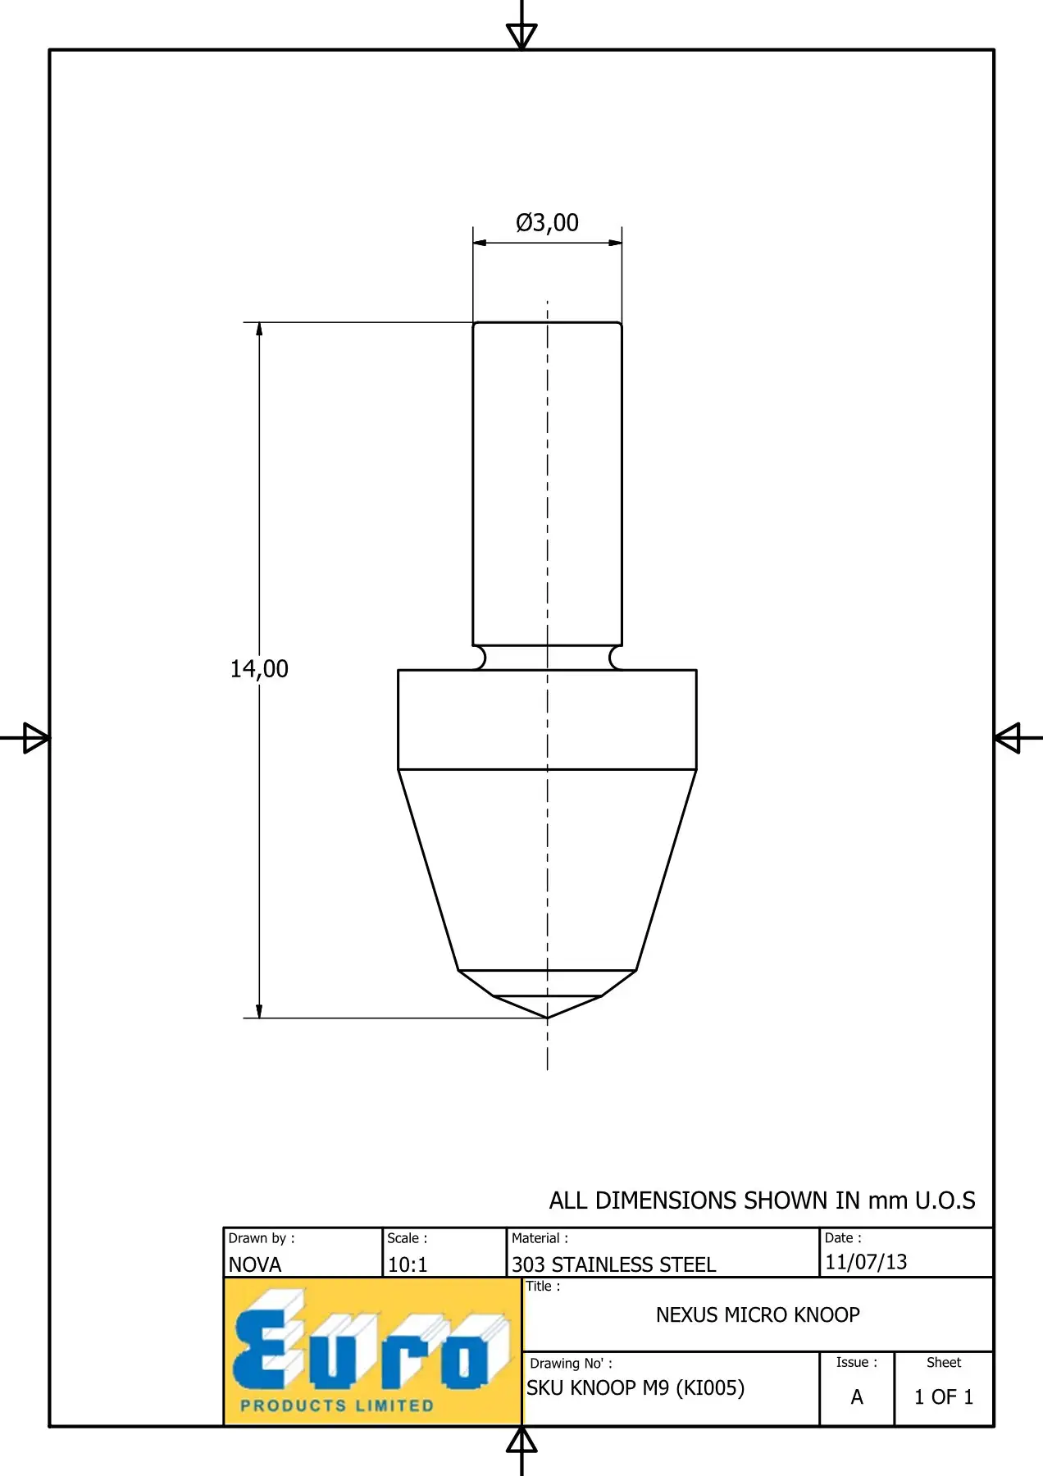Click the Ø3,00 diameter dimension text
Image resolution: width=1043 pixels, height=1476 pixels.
pyautogui.click(x=547, y=223)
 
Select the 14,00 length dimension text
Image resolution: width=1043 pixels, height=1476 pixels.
pyautogui.click(x=259, y=669)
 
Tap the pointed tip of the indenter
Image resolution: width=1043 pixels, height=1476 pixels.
pyautogui.click(x=547, y=1018)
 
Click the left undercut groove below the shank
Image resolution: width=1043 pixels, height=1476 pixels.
pyautogui.click(x=479, y=658)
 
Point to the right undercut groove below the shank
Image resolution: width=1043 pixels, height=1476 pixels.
pyautogui.click(x=616, y=658)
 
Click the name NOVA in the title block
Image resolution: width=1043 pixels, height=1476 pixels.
pyautogui.click(x=254, y=1264)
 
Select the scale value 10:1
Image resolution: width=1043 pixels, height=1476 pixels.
pyautogui.click(x=408, y=1264)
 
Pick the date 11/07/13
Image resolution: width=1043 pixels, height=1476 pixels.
pyautogui.click(x=866, y=1262)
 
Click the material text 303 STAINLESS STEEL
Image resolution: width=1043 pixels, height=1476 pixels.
pyautogui.click(x=614, y=1264)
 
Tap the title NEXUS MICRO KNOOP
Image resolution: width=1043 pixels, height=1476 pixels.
pyautogui.click(x=758, y=1315)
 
